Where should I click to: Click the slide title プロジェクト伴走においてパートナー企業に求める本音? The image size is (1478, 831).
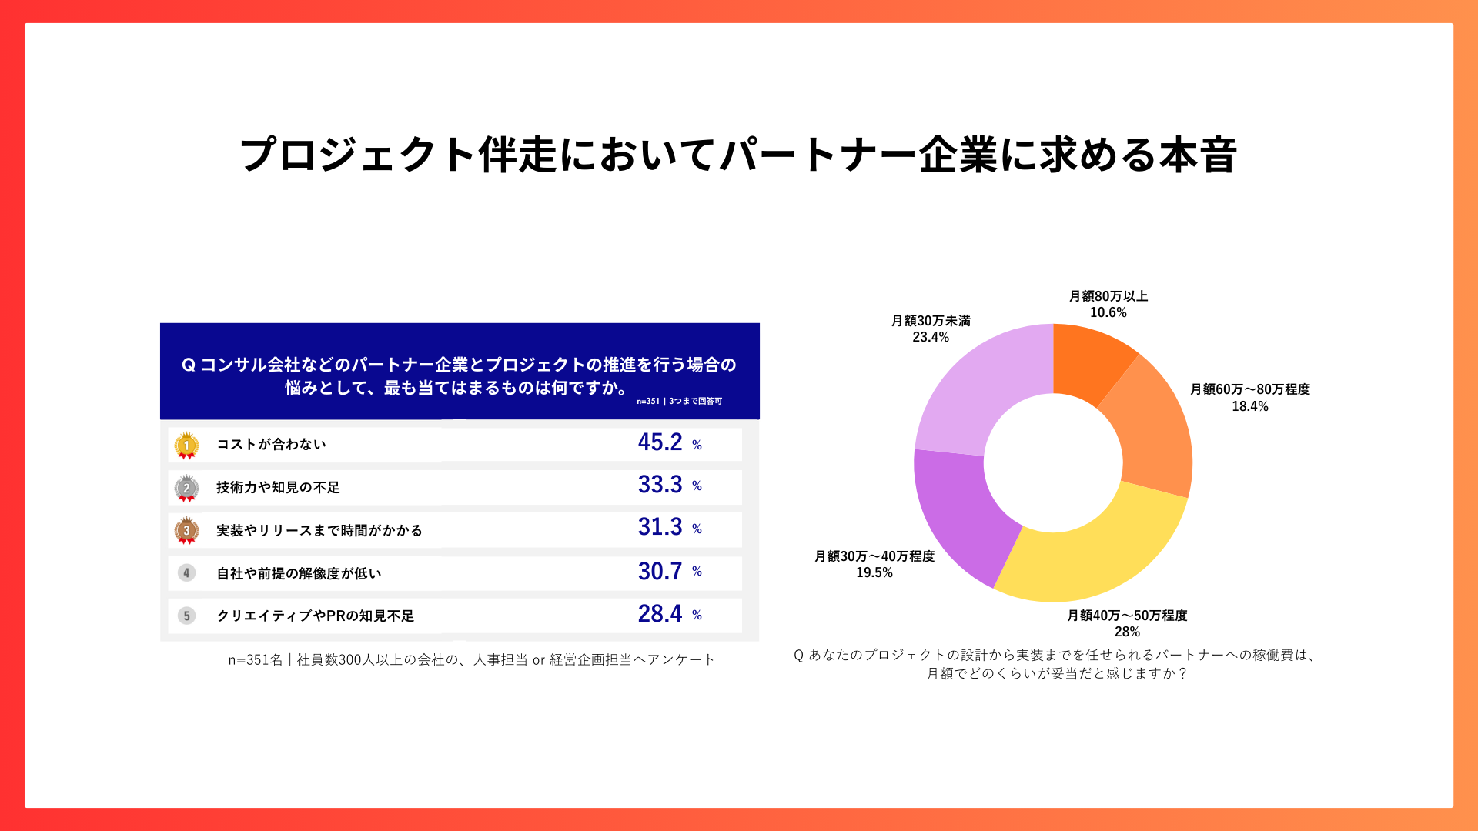coord(737,155)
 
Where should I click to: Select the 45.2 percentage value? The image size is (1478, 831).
coord(660,442)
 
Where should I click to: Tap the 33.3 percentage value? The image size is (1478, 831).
coord(660,485)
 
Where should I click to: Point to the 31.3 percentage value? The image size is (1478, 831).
coord(660,527)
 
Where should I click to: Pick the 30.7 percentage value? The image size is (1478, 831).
coord(660,571)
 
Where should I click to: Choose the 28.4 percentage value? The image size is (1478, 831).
coord(660,613)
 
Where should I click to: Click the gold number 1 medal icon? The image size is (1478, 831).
coord(186,446)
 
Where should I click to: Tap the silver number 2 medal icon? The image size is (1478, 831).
coord(186,488)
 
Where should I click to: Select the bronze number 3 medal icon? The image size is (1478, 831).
coord(186,530)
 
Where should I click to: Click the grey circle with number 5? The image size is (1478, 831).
coord(186,616)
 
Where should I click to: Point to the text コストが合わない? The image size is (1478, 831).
coord(271,444)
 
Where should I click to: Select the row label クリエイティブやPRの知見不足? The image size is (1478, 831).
coord(315,616)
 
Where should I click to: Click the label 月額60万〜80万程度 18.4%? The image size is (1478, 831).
coord(1249,398)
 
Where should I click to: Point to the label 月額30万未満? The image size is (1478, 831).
coord(931,321)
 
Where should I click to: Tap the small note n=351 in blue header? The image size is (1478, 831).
coord(648,402)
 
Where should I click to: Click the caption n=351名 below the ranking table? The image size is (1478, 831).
coord(471,659)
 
